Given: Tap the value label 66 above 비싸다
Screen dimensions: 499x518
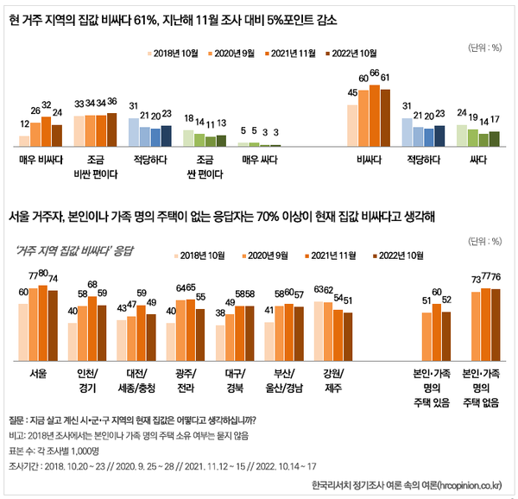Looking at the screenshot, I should pyautogui.click(x=375, y=73).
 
